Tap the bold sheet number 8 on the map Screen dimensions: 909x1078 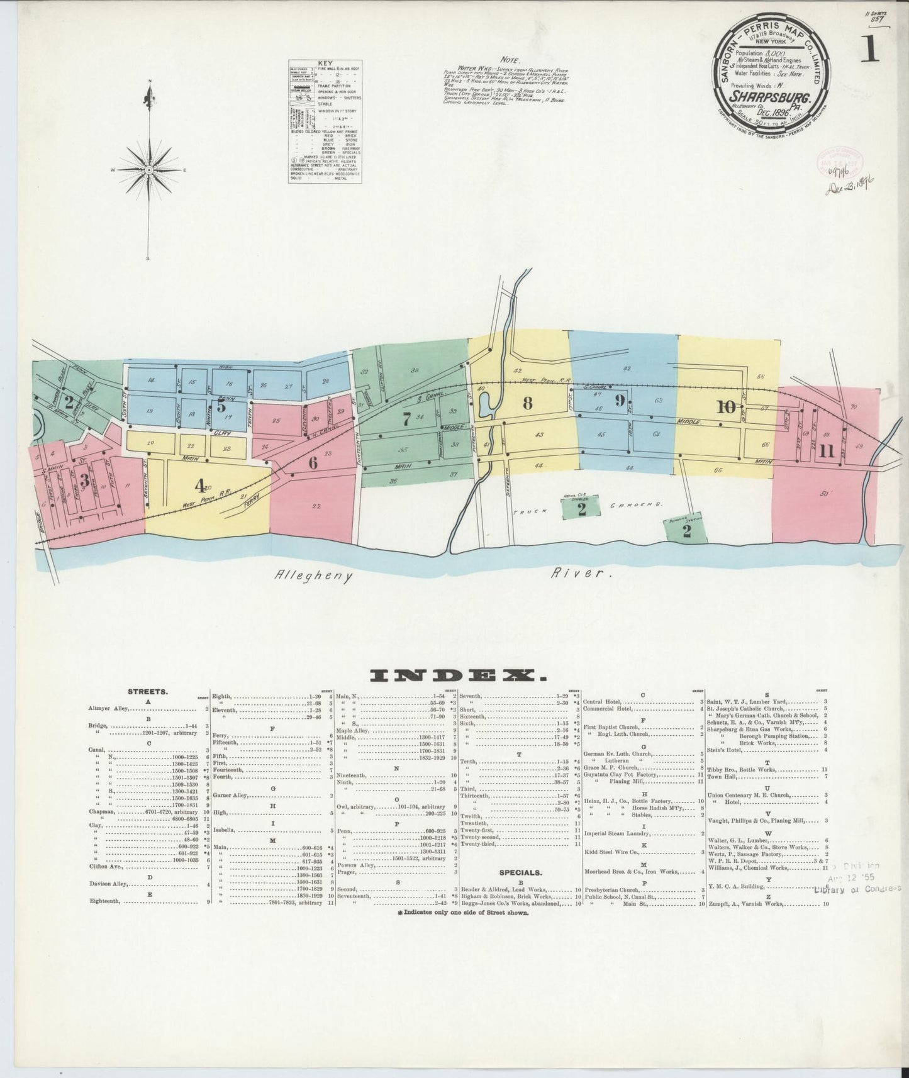527,404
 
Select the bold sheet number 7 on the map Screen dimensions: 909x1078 407,420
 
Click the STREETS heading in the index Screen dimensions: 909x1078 148,691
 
